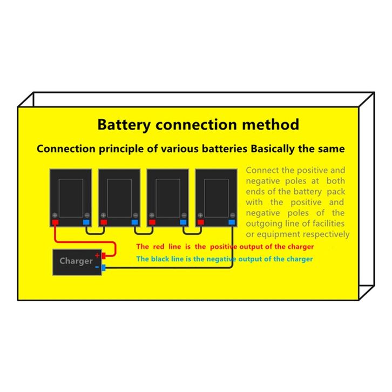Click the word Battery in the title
[124, 125]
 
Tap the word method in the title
[271, 124]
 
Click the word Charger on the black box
[76, 261]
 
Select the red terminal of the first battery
[55, 222]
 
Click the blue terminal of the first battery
[86, 222]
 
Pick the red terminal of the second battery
[104, 222]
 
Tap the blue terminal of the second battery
[135, 222]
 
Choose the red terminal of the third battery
[152, 222]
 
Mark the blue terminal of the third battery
[183, 222]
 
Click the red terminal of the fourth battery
[201, 222]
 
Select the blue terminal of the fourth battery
[232, 222]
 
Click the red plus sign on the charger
[97, 255]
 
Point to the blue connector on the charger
[103, 268]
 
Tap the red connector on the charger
[103, 256]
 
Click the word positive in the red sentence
[224, 247]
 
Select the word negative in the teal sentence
[221, 259]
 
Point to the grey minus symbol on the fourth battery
[232, 215]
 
